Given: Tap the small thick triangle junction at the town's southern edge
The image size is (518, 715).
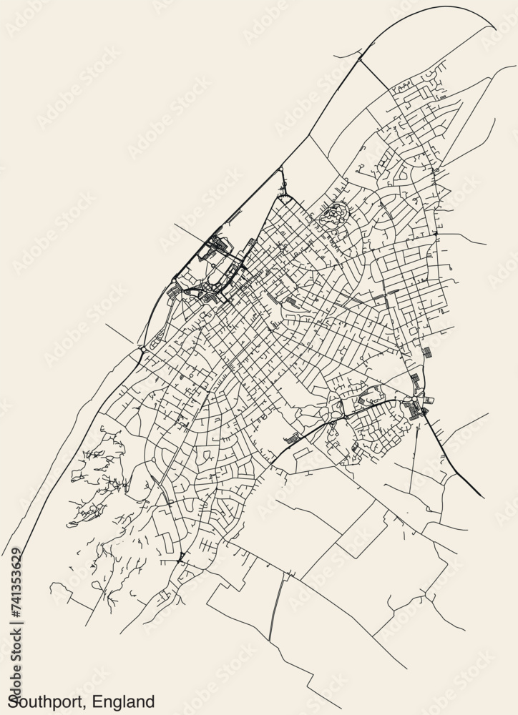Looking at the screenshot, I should (180, 558).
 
